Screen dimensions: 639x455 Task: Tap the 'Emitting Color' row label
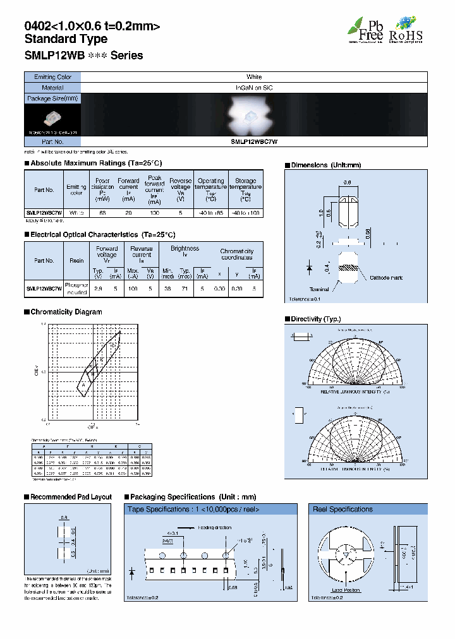point(52,77)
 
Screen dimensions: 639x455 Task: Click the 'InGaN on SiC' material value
point(254,88)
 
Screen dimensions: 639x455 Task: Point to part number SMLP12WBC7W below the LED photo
point(254,142)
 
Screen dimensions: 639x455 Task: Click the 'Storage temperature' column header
point(245,189)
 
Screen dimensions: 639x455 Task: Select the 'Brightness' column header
point(185,249)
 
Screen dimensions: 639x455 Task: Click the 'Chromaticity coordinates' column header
point(237,254)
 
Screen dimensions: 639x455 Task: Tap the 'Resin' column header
point(77,260)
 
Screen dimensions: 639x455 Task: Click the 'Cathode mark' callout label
point(385,278)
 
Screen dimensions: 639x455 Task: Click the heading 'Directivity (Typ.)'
point(315,319)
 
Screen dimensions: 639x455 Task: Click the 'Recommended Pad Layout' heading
point(71,497)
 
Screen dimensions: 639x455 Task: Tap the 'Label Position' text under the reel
point(346,590)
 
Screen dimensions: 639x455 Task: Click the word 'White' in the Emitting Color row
point(254,77)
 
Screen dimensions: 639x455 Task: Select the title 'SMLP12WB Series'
point(83,56)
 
